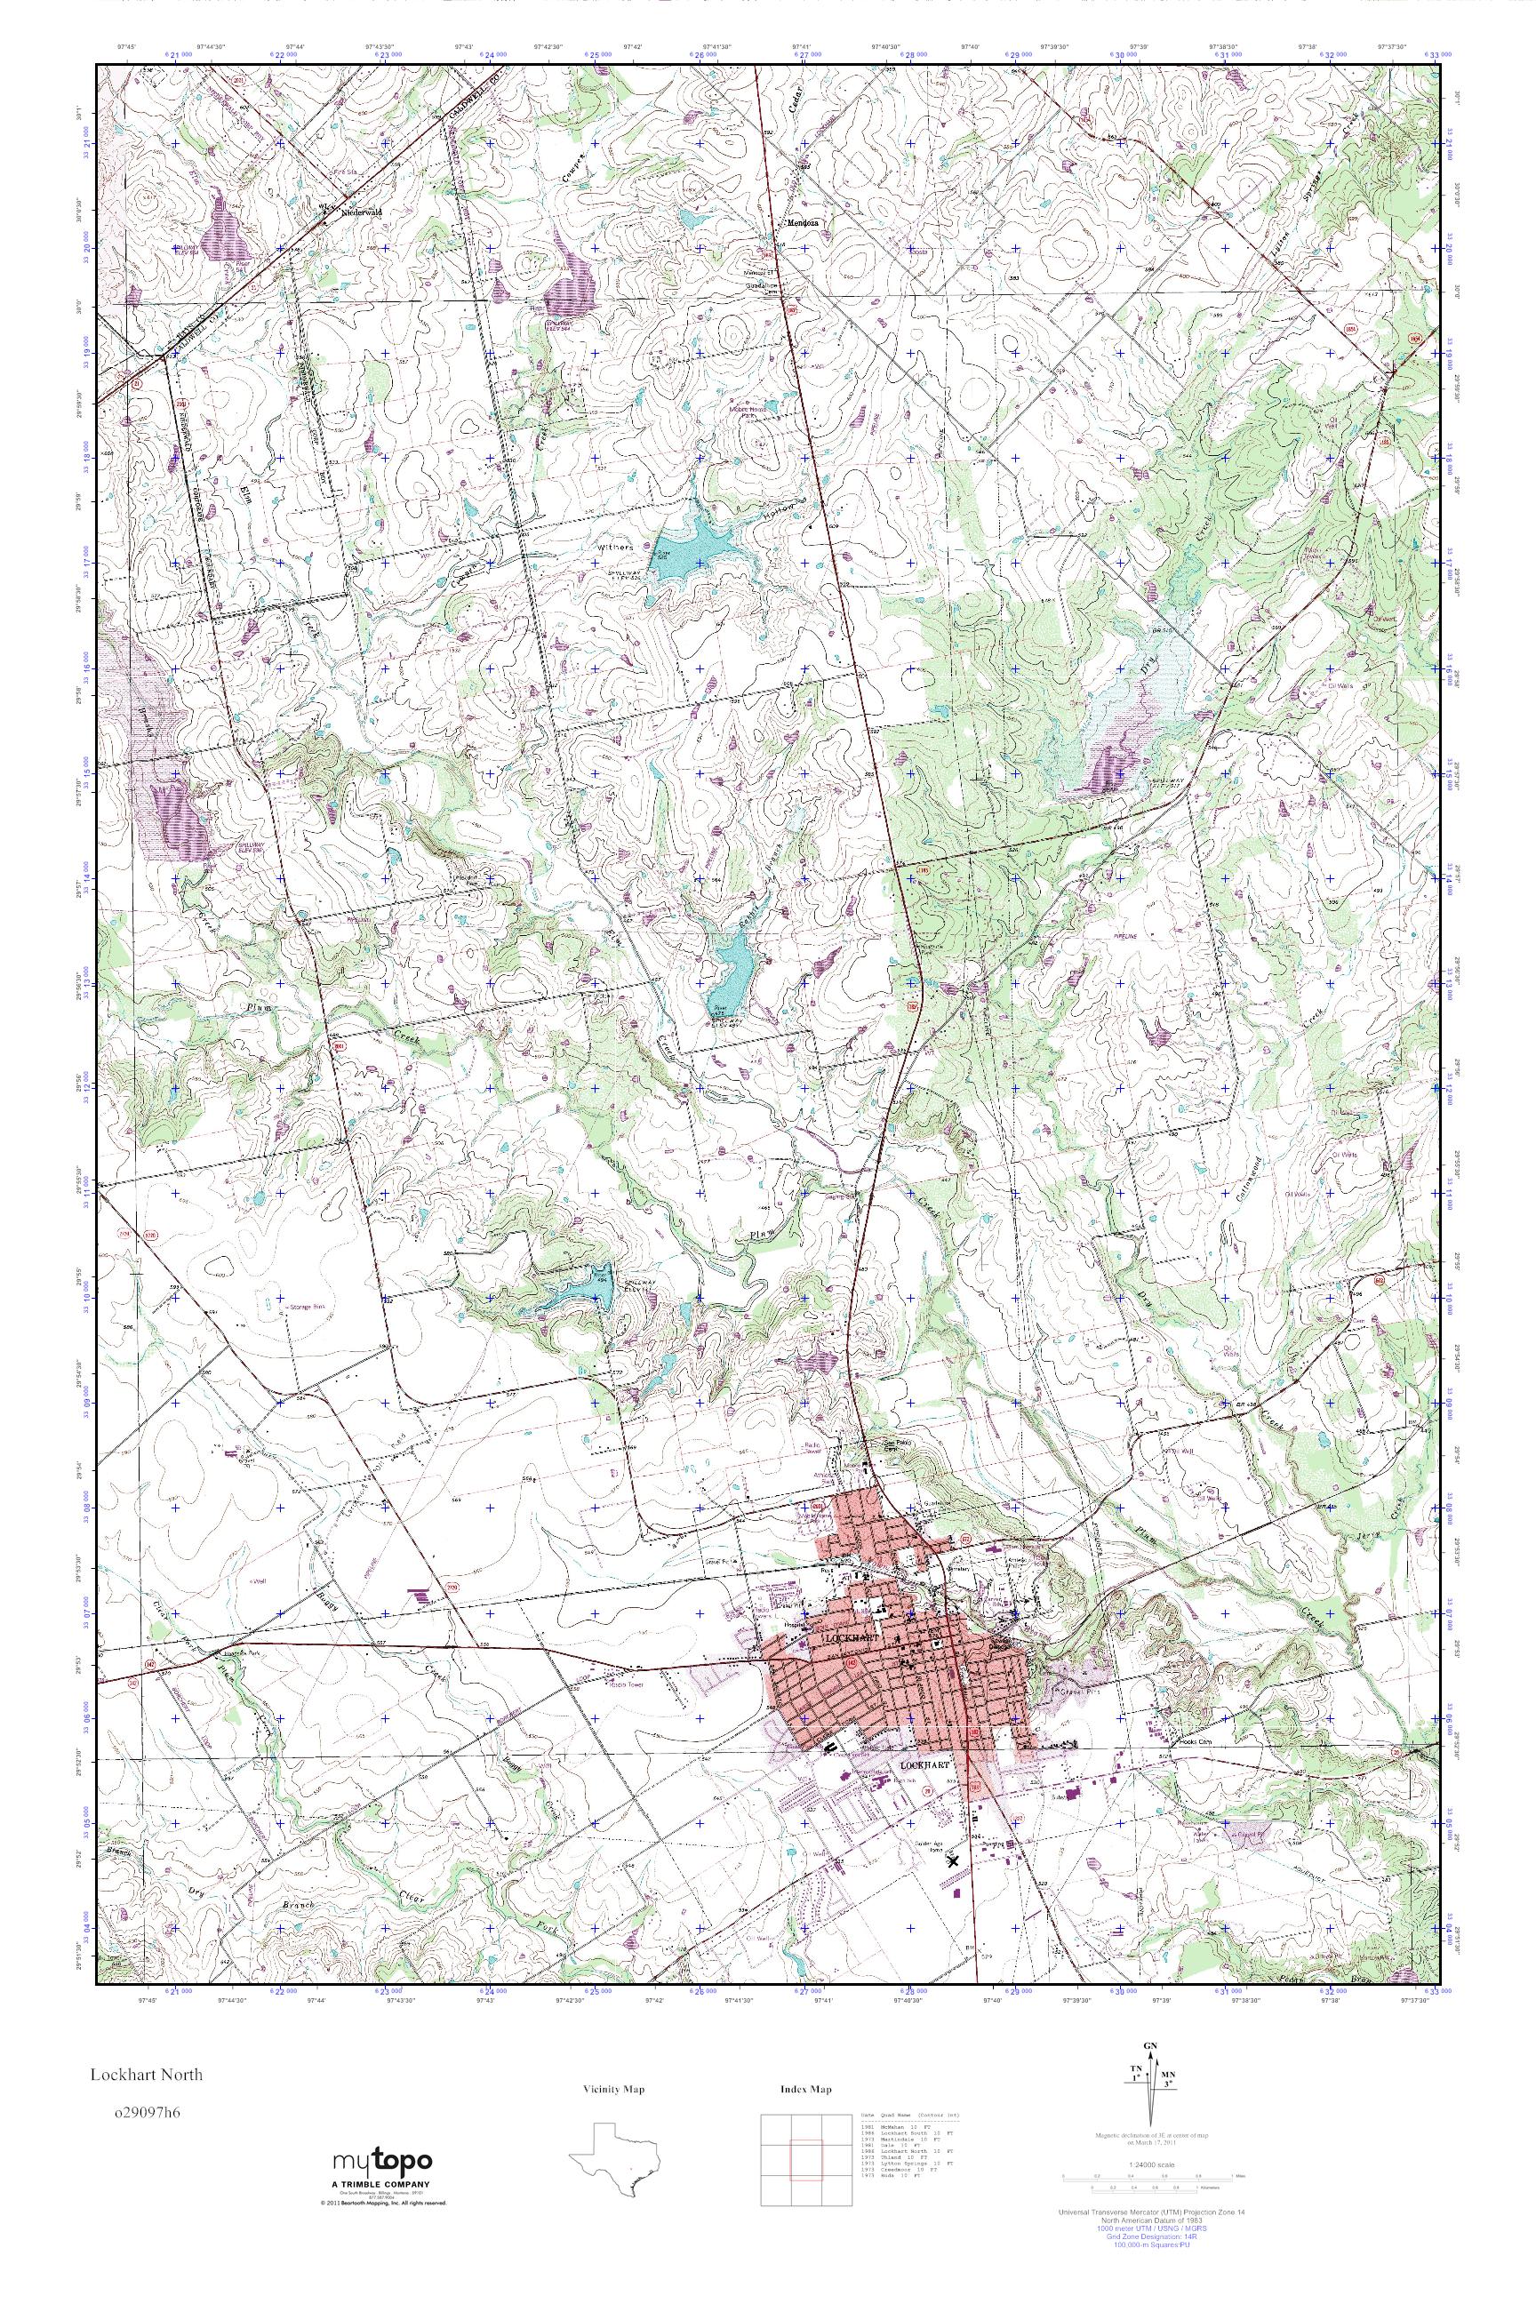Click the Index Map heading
pyautogui.click(x=806, y=2090)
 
